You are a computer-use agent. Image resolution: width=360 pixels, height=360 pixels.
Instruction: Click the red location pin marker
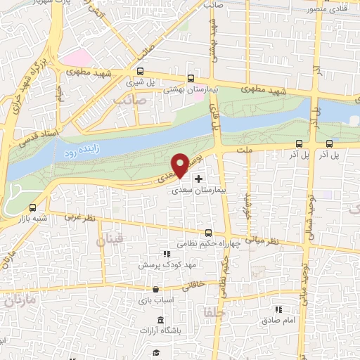pyautogui.click(x=181, y=165)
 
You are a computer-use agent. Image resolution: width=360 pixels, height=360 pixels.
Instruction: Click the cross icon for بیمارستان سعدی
pyautogui.click(x=198, y=179)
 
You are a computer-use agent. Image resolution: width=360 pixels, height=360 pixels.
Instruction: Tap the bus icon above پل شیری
pyautogui.click(x=141, y=71)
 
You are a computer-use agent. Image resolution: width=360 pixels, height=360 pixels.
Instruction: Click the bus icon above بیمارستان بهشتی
pyautogui.click(x=191, y=79)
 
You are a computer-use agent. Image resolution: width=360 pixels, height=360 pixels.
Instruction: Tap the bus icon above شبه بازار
pyautogui.click(x=34, y=207)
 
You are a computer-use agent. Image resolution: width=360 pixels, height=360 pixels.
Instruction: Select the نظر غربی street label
pyautogui.click(x=65, y=219)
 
